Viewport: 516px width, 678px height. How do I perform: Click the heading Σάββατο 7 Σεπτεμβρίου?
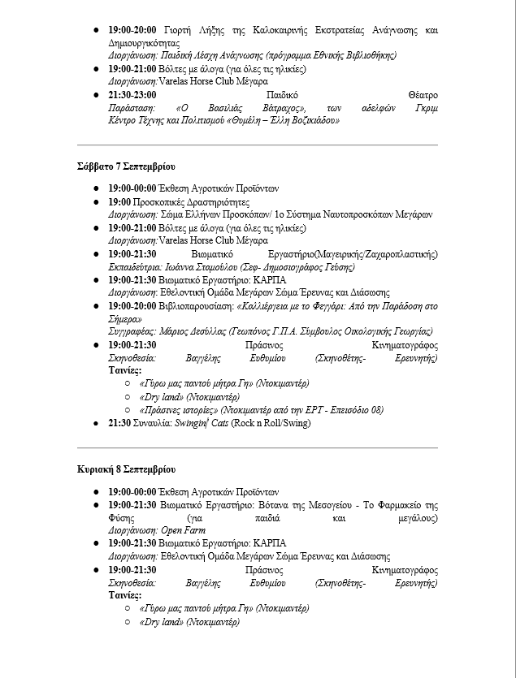pyautogui.click(x=126, y=166)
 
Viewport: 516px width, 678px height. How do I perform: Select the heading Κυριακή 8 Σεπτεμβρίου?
pyautogui.click(x=126, y=469)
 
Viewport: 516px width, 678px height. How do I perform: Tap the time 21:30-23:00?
pyautogui.click(x=132, y=94)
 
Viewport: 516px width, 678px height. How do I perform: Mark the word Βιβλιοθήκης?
pyautogui.click(x=369, y=55)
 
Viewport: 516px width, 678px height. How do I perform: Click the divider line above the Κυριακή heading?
pyautogui.click(x=257, y=447)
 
